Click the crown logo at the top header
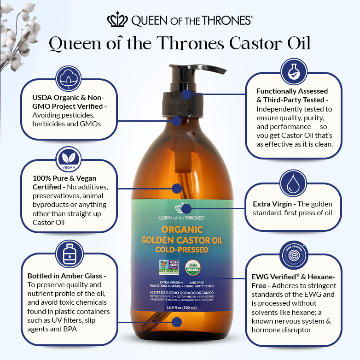pos(118,20)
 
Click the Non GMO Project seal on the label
pos(167,269)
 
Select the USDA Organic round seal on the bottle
pos(193,268)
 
